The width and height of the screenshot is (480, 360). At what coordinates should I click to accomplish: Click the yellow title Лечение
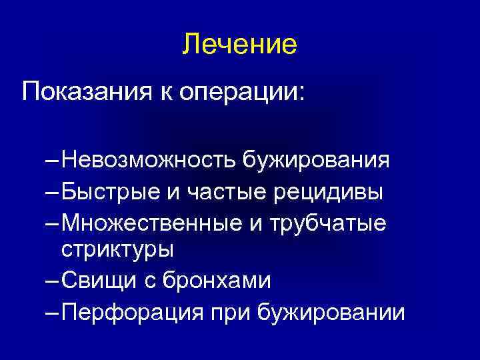click(x=239, y=45)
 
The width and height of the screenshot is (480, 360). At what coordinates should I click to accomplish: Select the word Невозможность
click(x=148, y=161)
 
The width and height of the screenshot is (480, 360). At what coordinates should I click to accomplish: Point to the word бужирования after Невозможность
click(x=316, y=161)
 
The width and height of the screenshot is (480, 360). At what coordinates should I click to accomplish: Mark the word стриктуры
click(x=117, y=250)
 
